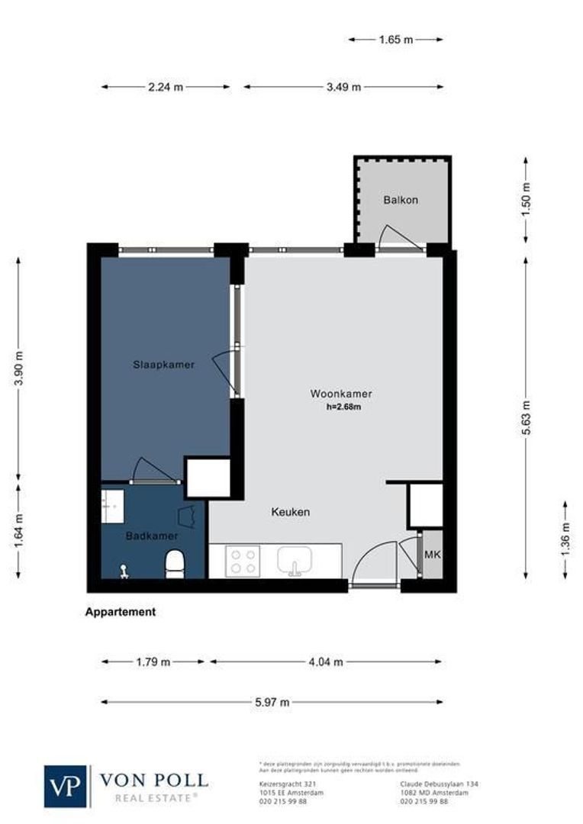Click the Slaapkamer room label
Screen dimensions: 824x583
pyautogui.click(x=163, y=365)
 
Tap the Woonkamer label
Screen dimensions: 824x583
pyautogui.click(x=341, y=394)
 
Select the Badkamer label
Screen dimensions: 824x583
pyautogui.click(x=152, y=536)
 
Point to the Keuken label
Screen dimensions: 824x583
pyautogui.click(x=291, y=512)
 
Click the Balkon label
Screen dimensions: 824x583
pyautogui.click(x=401, y=200)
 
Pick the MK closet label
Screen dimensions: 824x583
pyautogui.click(x=432, y=555)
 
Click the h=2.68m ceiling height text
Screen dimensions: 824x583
pyautogui.click(x=343, y=407)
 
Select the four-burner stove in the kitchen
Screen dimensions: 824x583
pyautogui.click(x=243, y=562)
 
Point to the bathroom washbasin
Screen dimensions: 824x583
pyautogui.click(x=113, y=506)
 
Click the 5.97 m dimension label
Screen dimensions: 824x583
pyautogui.click(x=272, y=702)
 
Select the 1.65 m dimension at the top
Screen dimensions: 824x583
pyautogui.click(x=396, y=39)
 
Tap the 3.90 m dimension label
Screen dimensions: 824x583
pyautogui.click(x=19, y=369)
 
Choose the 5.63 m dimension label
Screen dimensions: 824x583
pyautogui.click(x=526, y=417)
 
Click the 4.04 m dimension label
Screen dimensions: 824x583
pyautogui.click(x=326, y=661)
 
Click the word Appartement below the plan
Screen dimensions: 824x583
pyautogui.click(x=121, y=612)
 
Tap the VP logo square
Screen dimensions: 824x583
pyautogui.click(x=66, y=786)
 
